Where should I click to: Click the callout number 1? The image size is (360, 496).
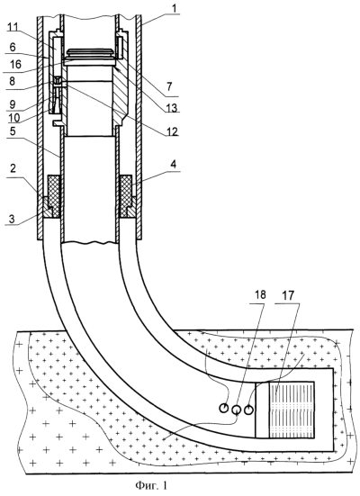point(175,8)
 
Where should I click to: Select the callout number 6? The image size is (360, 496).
point(13,47)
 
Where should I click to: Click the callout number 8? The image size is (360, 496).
point(12,81)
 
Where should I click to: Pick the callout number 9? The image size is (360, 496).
point(12,104)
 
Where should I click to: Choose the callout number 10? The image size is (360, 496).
point(14,118)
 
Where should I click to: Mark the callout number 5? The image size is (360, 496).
point(12,131)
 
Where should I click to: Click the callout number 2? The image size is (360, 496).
point(13,168)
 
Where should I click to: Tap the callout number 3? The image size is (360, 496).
point(12,219)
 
